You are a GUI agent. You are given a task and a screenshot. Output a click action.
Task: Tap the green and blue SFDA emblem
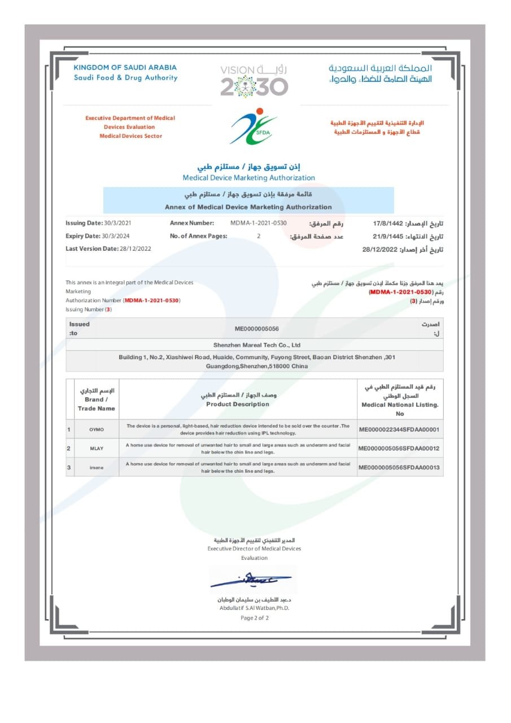[254, 126]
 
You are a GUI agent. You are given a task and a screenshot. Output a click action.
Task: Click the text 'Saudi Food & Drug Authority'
[125, 78]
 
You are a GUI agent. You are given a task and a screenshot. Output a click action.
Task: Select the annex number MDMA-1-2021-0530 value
[259, 223]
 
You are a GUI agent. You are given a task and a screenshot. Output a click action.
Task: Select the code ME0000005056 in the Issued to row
[257, 328]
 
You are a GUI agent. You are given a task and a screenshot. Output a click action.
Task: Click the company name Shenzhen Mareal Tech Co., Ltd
[257, 345]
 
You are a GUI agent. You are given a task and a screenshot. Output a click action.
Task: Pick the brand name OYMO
[97, 430]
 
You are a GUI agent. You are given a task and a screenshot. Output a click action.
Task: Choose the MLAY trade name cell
[97, 448]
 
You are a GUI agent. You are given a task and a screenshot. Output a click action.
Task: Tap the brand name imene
[97, 467]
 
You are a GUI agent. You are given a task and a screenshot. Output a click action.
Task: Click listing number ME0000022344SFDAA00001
[399, 430]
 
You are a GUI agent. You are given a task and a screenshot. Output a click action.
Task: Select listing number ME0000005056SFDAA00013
[399, 467]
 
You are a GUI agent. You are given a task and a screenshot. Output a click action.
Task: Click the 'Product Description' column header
[238, 404]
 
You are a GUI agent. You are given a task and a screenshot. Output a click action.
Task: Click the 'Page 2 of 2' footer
[255, 618]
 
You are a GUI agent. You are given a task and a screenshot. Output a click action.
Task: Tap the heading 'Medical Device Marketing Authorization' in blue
[249, 178]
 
